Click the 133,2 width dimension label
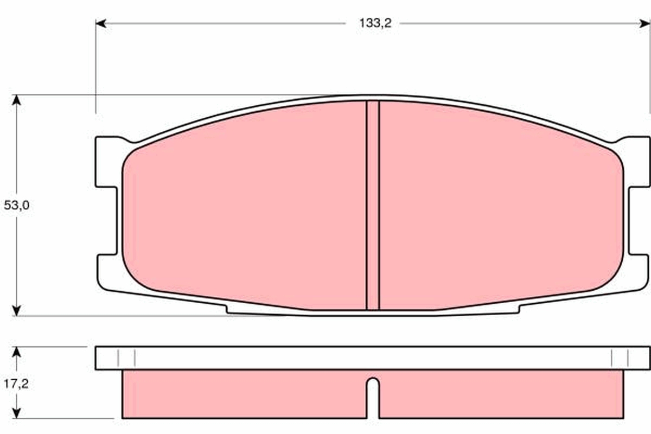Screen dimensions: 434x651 [x=375, y=23]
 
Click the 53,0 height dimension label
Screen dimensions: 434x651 [x=16, y=206]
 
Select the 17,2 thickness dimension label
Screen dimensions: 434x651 [x=16, y=384]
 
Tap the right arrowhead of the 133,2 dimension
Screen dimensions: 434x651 [x=645, y=23]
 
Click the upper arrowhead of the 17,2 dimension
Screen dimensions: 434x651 [x=17, y=352]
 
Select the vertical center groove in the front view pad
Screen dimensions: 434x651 [x=373, y=206]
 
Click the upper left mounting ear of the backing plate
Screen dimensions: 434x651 [x=107, y=162]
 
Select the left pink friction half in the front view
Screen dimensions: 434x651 [x=244, y=206]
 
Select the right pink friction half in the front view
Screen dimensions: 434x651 [x=499, y=206]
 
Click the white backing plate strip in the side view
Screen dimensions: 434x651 [x=373, y=358]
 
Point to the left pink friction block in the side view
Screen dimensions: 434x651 [x=244, y=394]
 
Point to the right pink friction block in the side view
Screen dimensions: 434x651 [x=499, y=394]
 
